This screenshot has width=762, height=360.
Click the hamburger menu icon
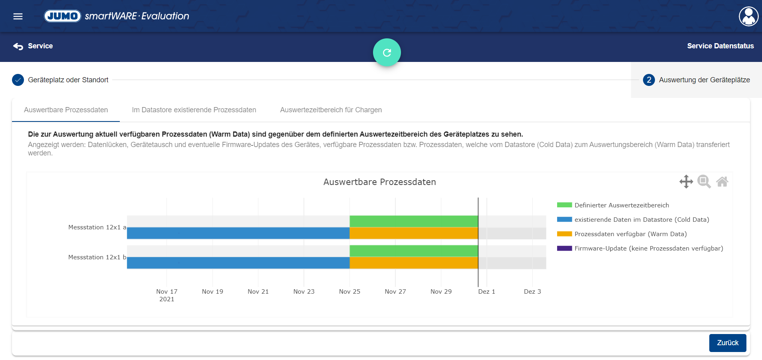tap(18, 16)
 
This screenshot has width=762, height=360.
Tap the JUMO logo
tap(63, 16)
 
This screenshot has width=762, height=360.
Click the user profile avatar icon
tap(748, 16)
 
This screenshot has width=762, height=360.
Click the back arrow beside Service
tap(18, 46)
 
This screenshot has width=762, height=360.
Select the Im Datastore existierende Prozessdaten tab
tap(194, 110)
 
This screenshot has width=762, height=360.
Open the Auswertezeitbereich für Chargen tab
tap(331, 110)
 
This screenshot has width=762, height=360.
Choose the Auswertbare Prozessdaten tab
tap(66, 110)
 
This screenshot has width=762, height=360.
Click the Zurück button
tap(727, 343)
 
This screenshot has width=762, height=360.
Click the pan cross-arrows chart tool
tap(686, 181)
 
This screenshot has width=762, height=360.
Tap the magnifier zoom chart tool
tap(704, 181)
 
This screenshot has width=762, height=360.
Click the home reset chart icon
tap(722, 182)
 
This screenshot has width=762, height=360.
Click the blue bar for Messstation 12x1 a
tap(238, 233)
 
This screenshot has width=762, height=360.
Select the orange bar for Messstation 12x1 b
tap(414, 263)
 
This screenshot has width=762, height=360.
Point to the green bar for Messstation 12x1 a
tap(414, 221)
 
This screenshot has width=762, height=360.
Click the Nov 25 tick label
tap(349, 292)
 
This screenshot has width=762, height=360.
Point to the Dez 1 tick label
tap(486, 292)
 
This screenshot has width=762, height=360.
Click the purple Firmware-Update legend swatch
tap(564, 249)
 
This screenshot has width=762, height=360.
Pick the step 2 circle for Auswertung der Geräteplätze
tap(649, 80)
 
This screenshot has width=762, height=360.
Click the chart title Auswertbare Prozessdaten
tap(379, 182)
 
